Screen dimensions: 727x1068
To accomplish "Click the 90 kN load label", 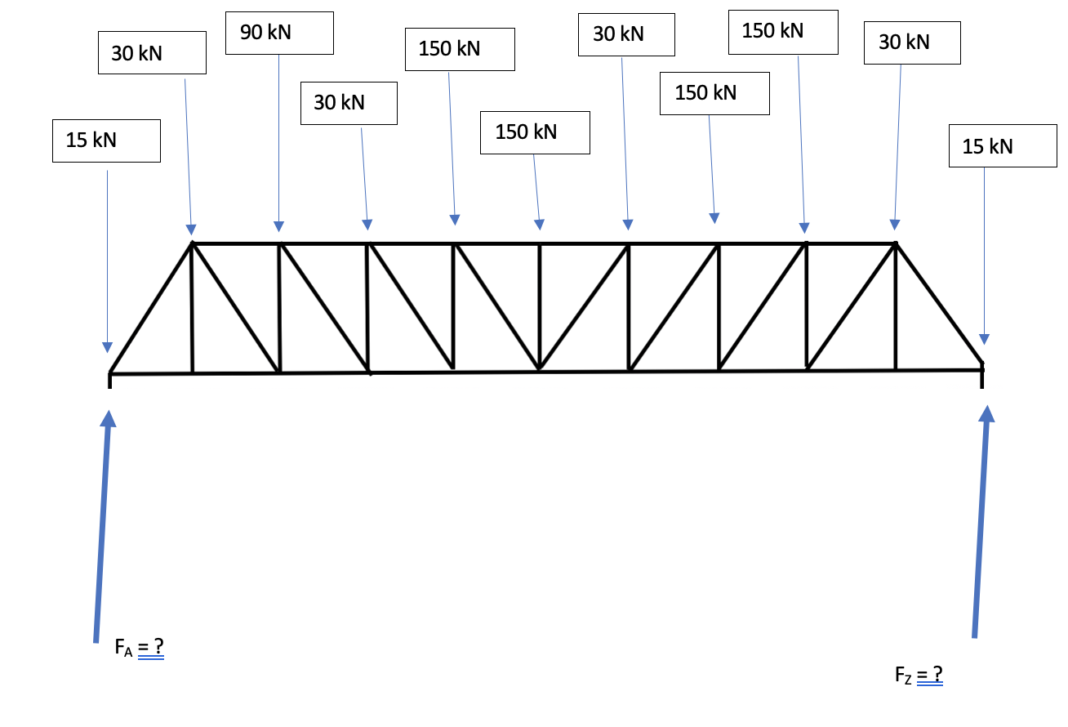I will pyautogui.click(x=278, y=33).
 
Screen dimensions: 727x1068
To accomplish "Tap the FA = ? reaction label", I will pyautogui.click(x=140, y=649).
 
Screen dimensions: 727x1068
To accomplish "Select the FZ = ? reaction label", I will pyautogui.click(x=919, y=676).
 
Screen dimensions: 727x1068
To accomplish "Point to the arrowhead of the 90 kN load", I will pyautogui.click(x=278, y=226).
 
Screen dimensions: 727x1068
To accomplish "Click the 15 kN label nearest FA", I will pyautogui.click(x=106, y=140).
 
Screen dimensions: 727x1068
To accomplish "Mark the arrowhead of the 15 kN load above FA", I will pyautogui.click(x=107, y=347).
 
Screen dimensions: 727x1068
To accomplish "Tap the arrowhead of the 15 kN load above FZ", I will pyautogui.click(x=984, y=339).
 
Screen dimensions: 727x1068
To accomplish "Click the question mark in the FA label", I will pyautogui.click(x=158, y=648).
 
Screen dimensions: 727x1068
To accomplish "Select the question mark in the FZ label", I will pyautogui.click(x=937, y=674).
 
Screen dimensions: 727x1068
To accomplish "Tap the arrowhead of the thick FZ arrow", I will pyautogui.click(x=986, y=413).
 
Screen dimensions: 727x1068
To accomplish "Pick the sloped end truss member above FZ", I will pyautogui.click(x=939, y=303).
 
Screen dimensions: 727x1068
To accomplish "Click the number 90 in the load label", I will pyautogui.click(x=251, y=33).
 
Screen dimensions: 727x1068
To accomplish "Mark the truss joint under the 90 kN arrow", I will pyautogui.click(x=279, y=243).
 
